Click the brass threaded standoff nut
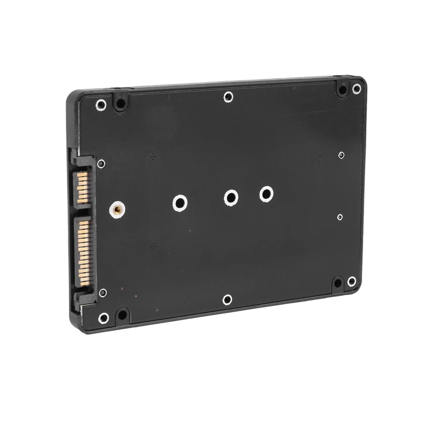116,209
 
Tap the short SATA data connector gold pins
83,187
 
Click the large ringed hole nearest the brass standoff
179,203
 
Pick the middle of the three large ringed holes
230,198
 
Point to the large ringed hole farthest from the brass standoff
266,194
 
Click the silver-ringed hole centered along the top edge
228,96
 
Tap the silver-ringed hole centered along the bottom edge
227,299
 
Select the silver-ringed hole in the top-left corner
101,105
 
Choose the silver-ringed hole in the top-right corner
357,88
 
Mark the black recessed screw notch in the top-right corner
343,90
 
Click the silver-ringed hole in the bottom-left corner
104,318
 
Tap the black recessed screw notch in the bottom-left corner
122,316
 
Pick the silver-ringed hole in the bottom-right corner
352,282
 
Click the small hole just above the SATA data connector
101,164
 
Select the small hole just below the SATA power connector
103,292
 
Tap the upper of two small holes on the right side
342,155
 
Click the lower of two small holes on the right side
340,217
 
